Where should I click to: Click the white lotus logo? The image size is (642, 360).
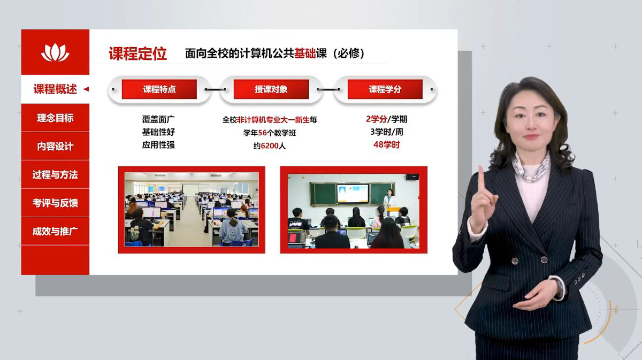(55, 52)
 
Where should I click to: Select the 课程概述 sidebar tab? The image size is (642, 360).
(55, 89)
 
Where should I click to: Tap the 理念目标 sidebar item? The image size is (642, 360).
(55, 118)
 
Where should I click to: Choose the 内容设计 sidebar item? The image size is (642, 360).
(55, 146)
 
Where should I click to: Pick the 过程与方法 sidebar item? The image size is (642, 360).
(55, 174)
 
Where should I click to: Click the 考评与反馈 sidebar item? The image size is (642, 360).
(55, 203)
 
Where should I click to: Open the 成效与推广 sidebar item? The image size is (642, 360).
(55, 231)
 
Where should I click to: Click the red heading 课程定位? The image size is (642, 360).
(137, 53)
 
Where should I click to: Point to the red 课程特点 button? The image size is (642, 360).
(159, 89)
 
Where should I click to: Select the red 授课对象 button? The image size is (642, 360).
(271, 89)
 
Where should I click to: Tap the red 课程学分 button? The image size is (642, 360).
(385, 89)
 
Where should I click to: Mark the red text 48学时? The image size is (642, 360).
(386, 145)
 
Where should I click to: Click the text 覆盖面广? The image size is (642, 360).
(158, 119)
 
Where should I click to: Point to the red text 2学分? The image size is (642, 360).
(376, 119)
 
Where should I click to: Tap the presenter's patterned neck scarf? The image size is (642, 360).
(532, 167)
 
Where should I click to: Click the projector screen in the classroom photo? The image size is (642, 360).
(353, 194)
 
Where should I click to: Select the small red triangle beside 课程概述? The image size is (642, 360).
(86, 89)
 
